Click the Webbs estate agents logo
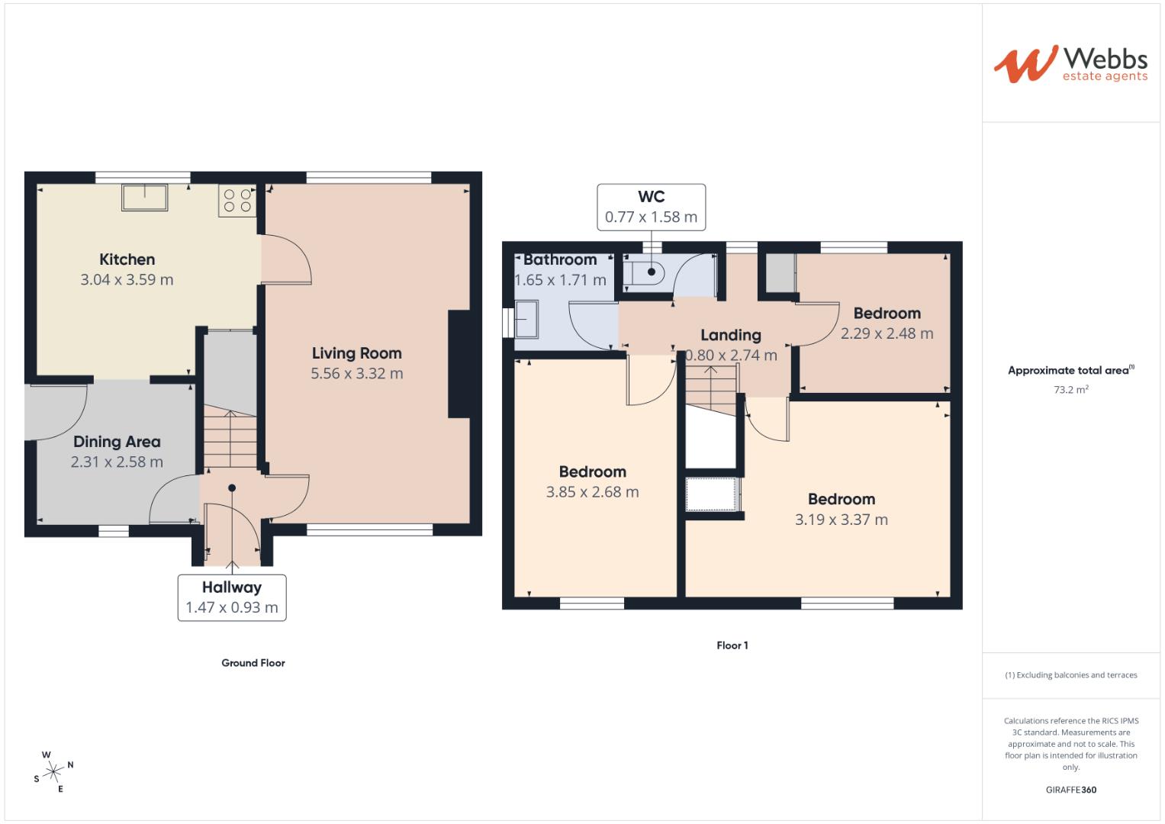[x=1070, y=63]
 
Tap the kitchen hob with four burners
[x=237, y=200]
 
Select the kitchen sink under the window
[x=144, y=197]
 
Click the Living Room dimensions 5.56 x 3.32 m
[x=356, y=374]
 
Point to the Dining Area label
[x=117, y=442]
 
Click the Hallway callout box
[x=232, y=597]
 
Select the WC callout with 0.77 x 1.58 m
[x=651, y=207]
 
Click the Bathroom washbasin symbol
[x=526, y=319]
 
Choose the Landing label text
[x=731, y=335]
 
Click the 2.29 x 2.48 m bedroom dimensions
[x=887, y=333]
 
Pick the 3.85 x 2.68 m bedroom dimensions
[x=592, y=492]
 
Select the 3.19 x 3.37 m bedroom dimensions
[x=841, y=520]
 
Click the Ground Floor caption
[x=253, y=663]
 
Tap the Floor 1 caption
[x=732, y=645]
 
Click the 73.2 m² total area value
[x=1070, y=389]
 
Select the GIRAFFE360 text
[x=1070, y=790]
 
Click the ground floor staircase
[x=230, y=440]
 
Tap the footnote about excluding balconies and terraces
[x=1070, y=675]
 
